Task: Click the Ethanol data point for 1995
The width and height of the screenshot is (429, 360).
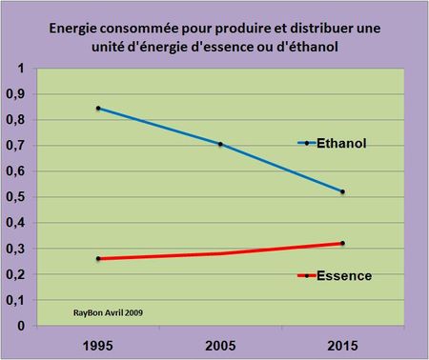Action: pyautogui.click(x=98, y=109)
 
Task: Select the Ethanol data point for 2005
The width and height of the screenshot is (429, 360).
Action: pyautogui.click(x=220, y=144)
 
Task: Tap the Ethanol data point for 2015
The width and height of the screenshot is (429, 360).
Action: pyautogui.click(x=342, y=191)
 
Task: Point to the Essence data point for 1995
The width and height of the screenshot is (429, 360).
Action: pyautogui.click(x=98, y=258)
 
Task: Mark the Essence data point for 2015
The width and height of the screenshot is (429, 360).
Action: pyautogui.click(x=342, y=243)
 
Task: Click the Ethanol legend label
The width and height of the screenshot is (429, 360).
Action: pyautogui.click(x=342, y=143)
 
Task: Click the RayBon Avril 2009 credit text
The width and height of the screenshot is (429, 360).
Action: pyautogui.click(x=110, y=310)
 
